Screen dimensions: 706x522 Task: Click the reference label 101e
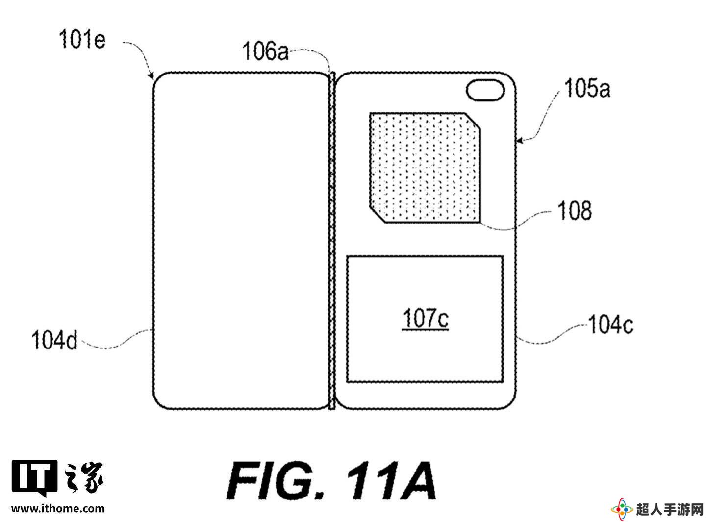[x=82, y=39]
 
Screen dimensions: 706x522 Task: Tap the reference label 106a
[x=265, y=51]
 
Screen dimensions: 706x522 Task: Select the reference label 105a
[x=587, y=88]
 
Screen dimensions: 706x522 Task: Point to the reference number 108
[x=575, y=210]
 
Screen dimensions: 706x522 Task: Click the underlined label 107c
[x=426, y=319]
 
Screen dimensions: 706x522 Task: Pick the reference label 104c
[x=610, y=324]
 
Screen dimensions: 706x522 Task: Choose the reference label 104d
[x=54, y=340]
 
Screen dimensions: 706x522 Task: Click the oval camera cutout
[x=485, y=90]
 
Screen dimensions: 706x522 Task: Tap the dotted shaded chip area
[x=425, y=168]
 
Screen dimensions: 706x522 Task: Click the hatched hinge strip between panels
[x=332, y=241]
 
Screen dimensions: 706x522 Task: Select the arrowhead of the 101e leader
[x=152, y=76]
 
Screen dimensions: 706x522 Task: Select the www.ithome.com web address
[x=58, y=509]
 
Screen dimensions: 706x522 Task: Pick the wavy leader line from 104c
[x=552, y=334]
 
